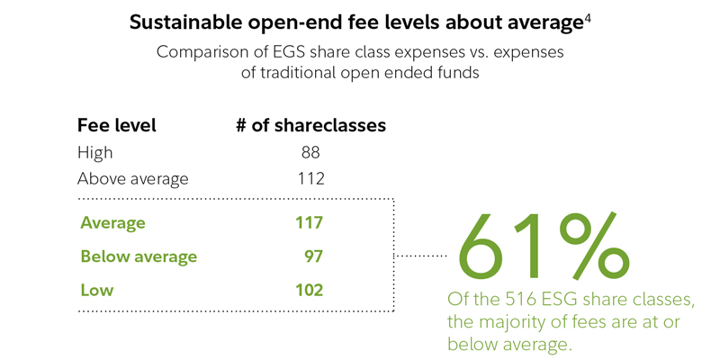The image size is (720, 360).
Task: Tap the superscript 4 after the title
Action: (x=588, y=17)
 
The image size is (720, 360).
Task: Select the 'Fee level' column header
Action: (x=117, y=126)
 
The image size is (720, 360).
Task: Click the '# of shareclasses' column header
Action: (x=310, y=126)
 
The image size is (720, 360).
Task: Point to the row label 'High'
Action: (x=94, y=153)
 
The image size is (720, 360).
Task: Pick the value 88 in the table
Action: (x=310, y=153)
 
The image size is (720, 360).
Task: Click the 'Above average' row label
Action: (x=133, y=178)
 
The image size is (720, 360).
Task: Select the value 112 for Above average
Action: (x=309, y=178)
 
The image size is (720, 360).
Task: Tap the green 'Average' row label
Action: (x=112, y=222)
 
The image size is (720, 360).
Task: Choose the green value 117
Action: (x=309, y=222)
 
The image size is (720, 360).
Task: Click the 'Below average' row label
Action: (x=139, y=256)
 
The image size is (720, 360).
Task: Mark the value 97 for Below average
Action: (x=313, y=256)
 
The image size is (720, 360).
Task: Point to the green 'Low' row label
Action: (x=96, y=290)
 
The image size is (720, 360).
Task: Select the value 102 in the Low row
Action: (x=309, y=290)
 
